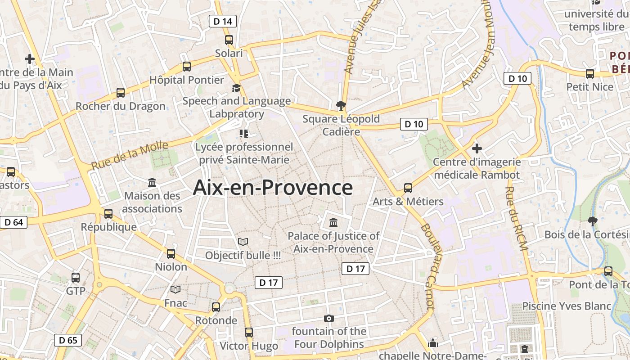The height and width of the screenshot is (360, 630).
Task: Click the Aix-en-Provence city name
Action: tap(273, 188)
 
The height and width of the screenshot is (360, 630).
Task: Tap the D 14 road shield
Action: tap(223, 21)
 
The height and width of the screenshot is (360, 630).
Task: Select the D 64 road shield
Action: tap(13, 222)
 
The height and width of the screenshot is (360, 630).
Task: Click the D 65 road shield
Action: tap(68, 340)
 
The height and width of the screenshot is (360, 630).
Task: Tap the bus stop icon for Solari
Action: tap(229, 40)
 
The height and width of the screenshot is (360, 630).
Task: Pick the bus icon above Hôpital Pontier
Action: tap(187, 67)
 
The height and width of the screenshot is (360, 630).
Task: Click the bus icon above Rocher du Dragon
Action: tap(121, 93)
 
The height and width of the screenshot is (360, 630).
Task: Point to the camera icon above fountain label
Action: tap(329, 318)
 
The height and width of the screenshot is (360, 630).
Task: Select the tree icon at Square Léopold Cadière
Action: tap(341, 106)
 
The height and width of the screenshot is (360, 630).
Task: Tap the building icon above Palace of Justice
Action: tap(333, 222)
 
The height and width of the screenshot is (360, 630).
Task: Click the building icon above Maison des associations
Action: tap(152, 183)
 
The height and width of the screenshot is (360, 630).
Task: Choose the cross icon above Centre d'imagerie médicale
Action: tap(477, 148)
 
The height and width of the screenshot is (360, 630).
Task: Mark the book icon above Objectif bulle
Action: tap(243, 242)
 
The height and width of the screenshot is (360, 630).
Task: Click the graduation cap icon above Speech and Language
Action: tap(236, 88)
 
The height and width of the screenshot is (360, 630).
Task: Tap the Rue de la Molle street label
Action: tap(130, 155)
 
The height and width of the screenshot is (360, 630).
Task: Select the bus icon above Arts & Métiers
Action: tap(408, 188)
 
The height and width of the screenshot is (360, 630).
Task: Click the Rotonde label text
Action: tap(216, 320)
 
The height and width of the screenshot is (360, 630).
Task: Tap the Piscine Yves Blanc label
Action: tap(567, 306)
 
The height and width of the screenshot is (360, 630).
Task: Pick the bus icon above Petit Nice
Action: tap(589, 73)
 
